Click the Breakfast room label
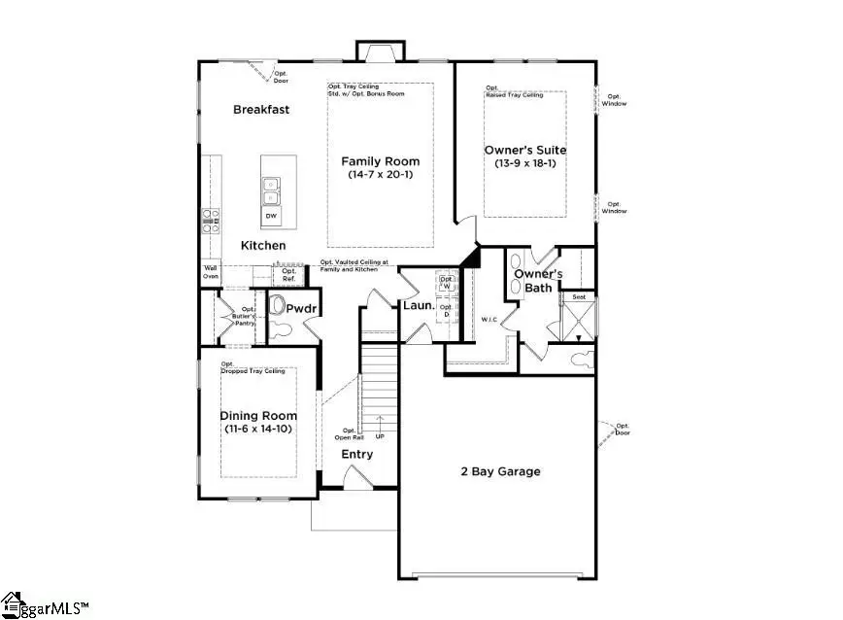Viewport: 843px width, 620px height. (261, 110)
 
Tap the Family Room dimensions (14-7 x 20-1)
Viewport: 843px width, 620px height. (380, 175)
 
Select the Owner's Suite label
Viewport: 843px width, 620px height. (524, 151)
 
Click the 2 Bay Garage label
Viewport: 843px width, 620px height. (500, 472)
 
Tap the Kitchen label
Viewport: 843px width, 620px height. (263, 246)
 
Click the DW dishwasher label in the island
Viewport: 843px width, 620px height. (272, 216)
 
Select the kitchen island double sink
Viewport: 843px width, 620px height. (272, 190)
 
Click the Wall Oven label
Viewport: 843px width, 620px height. (210, 273)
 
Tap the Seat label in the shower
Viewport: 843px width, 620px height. (579, 296)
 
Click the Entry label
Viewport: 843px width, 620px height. (356, 454)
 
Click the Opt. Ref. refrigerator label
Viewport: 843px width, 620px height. (288, 275)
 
